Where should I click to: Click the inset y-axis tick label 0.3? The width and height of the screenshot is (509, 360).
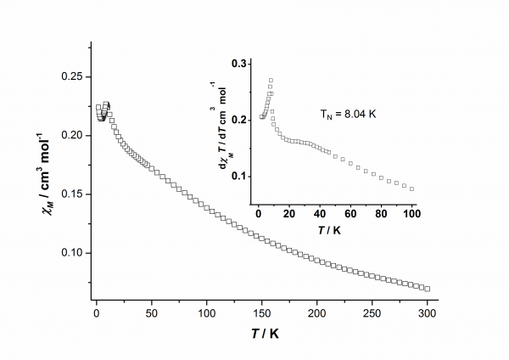pos(242,64)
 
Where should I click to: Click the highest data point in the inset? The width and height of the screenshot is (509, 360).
pos(271,81)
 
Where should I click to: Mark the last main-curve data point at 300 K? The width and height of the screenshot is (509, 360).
pos(428,289)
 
